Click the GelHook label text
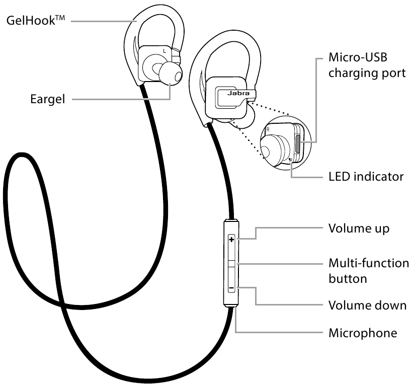tap(33, 21)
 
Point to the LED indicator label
tap(366, 177)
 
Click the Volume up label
tap(359, 228)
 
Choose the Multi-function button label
tap(368, 270)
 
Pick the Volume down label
tap(367, 305)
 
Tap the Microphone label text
tap(363, 333)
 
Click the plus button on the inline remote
tap(232, 240)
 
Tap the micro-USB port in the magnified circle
tap(298, 143)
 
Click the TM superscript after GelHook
tap(61, 18)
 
